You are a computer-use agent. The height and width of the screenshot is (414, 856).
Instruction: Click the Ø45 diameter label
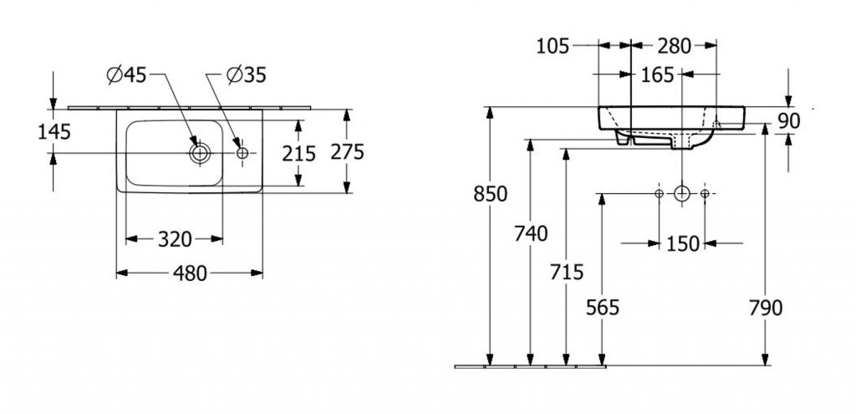126,75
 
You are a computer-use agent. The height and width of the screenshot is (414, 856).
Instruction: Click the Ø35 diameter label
246,75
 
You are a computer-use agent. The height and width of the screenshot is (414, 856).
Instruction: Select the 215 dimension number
299,154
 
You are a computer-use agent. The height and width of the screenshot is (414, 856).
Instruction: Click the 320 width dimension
175,240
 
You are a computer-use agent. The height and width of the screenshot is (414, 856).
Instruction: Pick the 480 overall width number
190,273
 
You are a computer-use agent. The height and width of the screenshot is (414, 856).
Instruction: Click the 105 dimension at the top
553,46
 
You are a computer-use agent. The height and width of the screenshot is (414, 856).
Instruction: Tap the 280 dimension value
674,46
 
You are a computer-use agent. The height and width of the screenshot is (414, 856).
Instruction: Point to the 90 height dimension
789,121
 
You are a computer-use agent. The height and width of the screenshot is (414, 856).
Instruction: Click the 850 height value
491,194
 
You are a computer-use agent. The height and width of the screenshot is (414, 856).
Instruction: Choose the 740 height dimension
531,234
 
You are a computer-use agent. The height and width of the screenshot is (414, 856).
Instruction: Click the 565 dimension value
603,308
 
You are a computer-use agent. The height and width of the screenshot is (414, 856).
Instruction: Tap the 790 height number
766,308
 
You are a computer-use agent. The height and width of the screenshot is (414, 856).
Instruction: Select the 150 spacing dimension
682,243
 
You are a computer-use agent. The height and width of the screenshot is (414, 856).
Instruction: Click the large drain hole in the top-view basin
200,153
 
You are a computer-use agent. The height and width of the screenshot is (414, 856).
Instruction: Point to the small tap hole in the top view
242,153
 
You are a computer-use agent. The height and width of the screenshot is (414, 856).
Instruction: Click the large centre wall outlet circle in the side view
682,194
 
